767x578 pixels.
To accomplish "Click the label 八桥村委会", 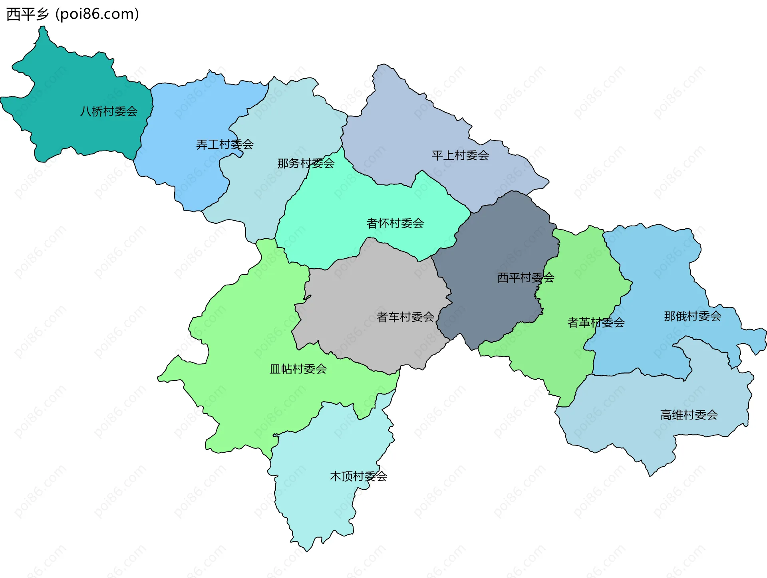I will click(x=109, y=111).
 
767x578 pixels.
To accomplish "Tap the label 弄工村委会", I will click(x=225, y=144).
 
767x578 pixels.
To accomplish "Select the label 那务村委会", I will click(x=306, y=163).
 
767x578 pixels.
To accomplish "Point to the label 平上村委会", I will click(x=460, y=155).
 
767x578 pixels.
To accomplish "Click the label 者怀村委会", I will click(x=395, y=223).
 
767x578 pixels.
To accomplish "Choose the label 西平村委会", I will click(x=526, y=277).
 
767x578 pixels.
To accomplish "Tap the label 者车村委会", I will click(x=405, y=317).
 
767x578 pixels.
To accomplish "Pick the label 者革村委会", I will click(x=596, y=323).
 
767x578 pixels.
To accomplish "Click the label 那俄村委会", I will click(x=692, y=316).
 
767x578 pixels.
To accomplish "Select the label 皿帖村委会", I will click(x=298, y=369).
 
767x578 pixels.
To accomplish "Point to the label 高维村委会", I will click(x=689, y=415).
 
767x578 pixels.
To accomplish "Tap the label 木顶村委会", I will click(x=358, y=476).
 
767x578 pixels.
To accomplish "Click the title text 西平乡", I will click(x=28, y=14).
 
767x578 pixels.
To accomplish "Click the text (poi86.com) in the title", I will click(x=97, y=14).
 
